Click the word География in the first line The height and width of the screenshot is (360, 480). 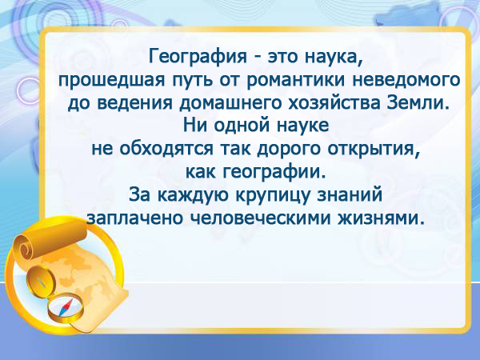pyautogui.click(x=198, y=58)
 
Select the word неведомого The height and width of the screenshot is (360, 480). pyautogui.click(x=406, y=79)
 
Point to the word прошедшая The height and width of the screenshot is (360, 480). pyautogui.click(x=112, y=80)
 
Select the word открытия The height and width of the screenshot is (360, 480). pyautogui.click(x=373, y=149)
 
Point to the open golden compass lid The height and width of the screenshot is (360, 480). pyautogui.click(x=41, y=283)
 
